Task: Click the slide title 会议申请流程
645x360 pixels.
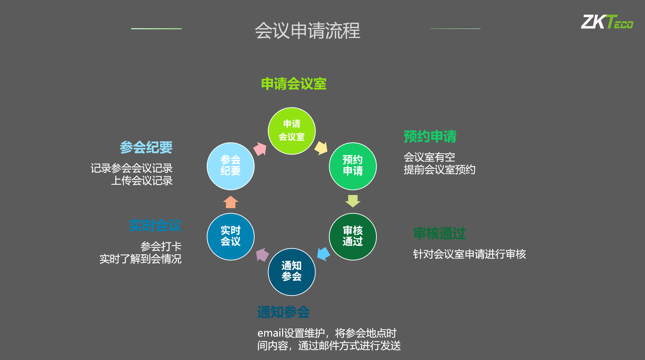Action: tap(307, 30)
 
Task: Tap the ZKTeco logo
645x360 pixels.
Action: tap(607, 22)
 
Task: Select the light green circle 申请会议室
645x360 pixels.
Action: tap(292, 131)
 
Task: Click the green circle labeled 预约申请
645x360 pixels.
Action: tap(353, 166)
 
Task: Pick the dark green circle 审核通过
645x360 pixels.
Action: tap(353, 237)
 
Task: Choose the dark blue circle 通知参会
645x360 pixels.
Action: tap(292, 272)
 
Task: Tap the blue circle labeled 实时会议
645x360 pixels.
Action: tap(230, 237)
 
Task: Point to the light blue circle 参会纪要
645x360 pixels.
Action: tap(230, 166)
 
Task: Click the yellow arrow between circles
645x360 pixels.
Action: tap(321, 148)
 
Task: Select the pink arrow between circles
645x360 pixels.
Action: tap(260, 149)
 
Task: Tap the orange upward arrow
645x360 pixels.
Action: tap(230, 202)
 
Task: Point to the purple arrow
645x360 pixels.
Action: tap(262, 255)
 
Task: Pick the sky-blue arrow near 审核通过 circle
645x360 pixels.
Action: tap(323, 254)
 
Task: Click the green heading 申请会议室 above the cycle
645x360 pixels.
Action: tap(294, 84)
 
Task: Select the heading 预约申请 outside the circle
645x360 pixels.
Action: tap(430, 136)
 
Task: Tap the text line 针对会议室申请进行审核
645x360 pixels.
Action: tap(469, 254)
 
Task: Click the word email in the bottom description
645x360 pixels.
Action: tap(271, 333)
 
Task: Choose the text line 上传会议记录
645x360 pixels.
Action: tap(142, 180)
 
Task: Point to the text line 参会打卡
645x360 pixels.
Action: tap(161, 246)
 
